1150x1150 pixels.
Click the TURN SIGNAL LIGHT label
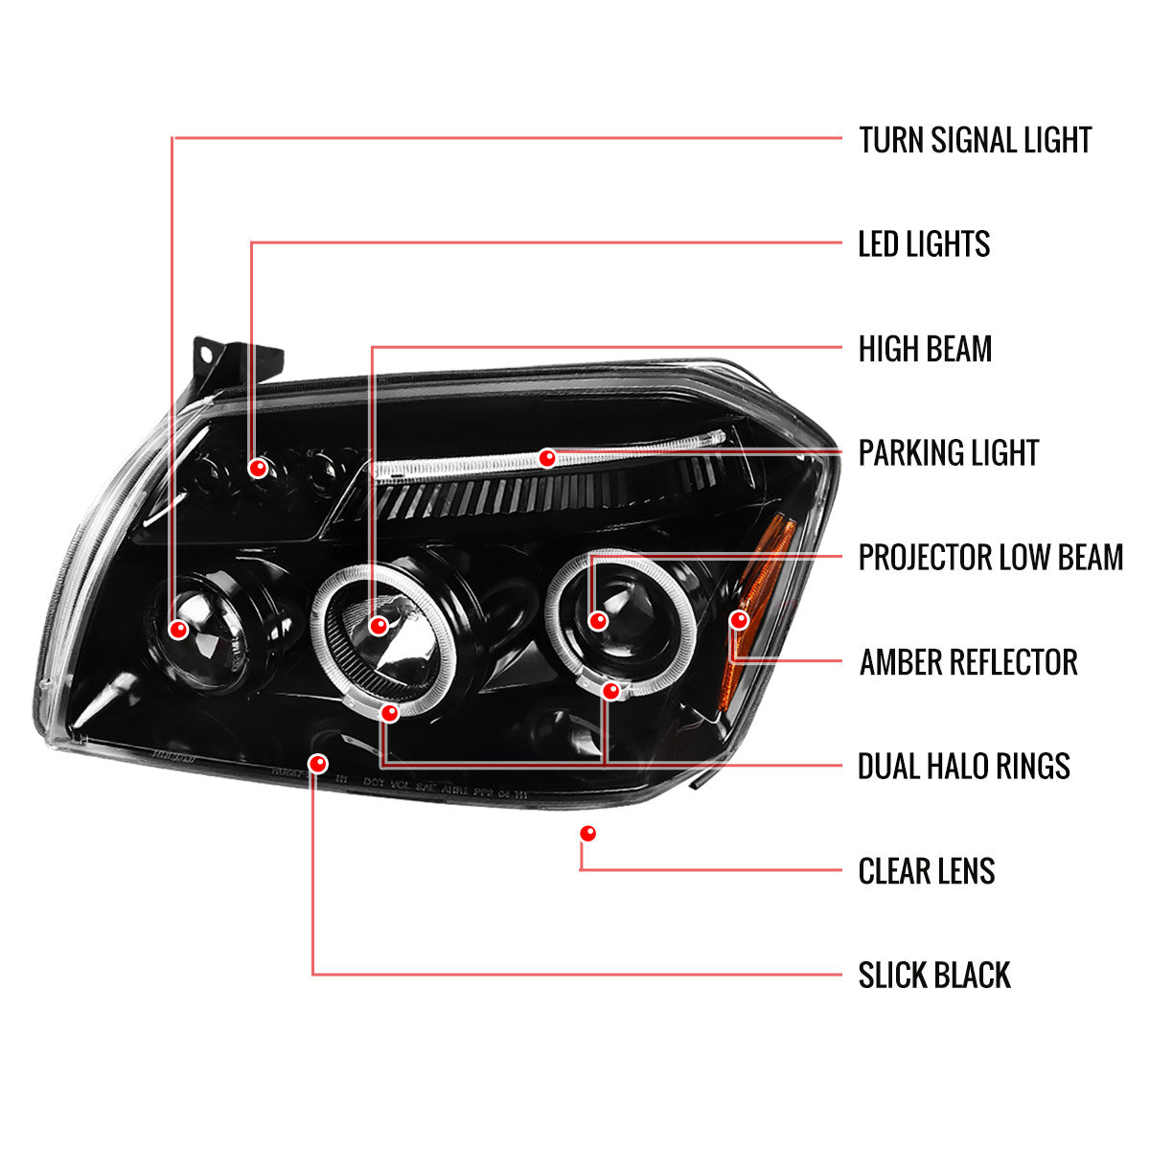click(x=975, y=140)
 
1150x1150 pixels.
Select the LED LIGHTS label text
click(x=924, y=244)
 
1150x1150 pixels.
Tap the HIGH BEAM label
click(x=925, y=349)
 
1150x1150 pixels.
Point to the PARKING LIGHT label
click(x=948, y=453)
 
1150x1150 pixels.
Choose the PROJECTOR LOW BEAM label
click(x=990, y=558)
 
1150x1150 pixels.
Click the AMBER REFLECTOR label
click(x=968, y=662)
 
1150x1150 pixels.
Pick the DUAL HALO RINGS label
click(x=963, y=767)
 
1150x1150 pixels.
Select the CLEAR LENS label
click(x=926, y=871)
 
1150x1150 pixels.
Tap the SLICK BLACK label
click(x=933, y=976)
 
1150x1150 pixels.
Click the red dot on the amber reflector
click(x=738, y=620)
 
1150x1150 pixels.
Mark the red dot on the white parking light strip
click(x=547, y=458)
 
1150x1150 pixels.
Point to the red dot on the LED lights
click(x=257, y=469)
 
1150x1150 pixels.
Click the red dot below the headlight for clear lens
click(x=587, y=834)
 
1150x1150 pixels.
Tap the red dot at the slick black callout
click(x=318, y=764)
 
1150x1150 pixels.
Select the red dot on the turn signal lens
click(x=178, y=630)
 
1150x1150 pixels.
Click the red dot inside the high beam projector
click(x=379, y=627)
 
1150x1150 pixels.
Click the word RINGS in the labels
click(x=1030, y=767)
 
